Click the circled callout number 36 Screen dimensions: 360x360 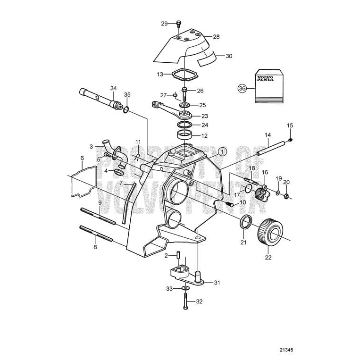pyautogui.click(x=242, y=88)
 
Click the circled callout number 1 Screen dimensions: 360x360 pyautogui.click(x=222, y=151)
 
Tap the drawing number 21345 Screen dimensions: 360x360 pyautogui.click(x=286, y=350)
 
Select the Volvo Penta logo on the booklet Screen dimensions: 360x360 pyautogui.click(x=265, y=78)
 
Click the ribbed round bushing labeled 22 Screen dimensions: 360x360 pyautogui.click(x=270, y=232)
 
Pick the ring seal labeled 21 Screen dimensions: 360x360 pyautogui.click(x=246, y=222)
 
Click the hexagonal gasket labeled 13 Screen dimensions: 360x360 pyautogui.click(x=184, y=74)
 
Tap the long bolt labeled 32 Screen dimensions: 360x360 pyautogui.click(x=185, y=301)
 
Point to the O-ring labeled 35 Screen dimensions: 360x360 pyautogui.click(x=126, y=110)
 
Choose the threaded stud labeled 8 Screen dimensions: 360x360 pyautogui.click(x=96, y=234)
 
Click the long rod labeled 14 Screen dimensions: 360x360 pyautogui.click(x=272, y=149)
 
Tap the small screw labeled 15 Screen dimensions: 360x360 pyautogui.click(x=291, y=140)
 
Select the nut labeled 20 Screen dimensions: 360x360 pyautogui.click(x=286, y=196)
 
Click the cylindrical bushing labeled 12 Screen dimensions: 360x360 pyautogui.click(x=185, y=134)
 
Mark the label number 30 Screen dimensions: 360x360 pyautogui.click(x=229, y=56)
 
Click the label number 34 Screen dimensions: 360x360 pyautogui.click(x=113, y=88)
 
